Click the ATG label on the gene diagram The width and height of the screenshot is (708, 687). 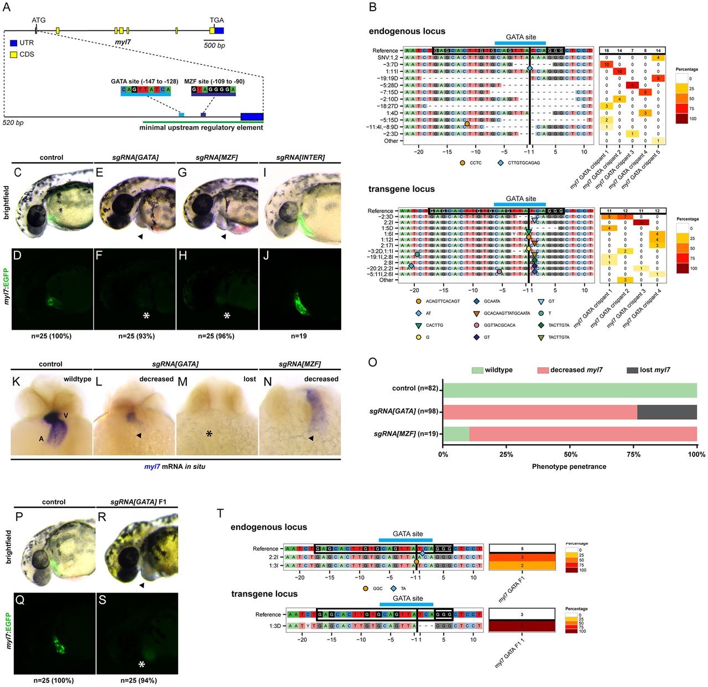39,20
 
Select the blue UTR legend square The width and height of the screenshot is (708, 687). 13,43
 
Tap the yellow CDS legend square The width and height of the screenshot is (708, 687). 13,54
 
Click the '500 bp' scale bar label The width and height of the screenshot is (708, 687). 215,45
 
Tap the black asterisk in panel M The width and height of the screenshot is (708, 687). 210,434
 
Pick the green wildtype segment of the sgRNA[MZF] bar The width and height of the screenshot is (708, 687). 456,434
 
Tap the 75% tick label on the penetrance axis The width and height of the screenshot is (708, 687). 633,455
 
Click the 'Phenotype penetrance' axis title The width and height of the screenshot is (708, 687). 569,466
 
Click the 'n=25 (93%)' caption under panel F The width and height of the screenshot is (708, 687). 137,336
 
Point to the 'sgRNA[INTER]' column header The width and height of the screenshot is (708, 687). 299,158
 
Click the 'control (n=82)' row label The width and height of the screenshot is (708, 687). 415,388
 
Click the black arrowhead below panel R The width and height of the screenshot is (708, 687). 142,585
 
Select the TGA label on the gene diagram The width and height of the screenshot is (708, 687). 217,20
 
